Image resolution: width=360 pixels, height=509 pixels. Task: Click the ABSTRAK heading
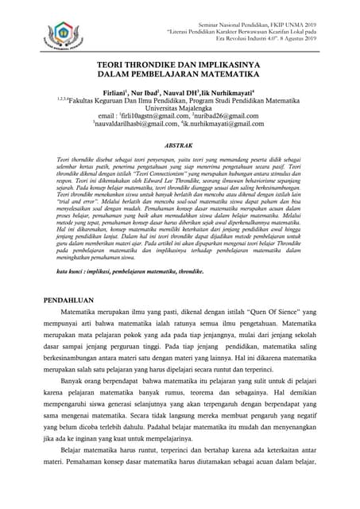pyautogui.click(x=180, y=146)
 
